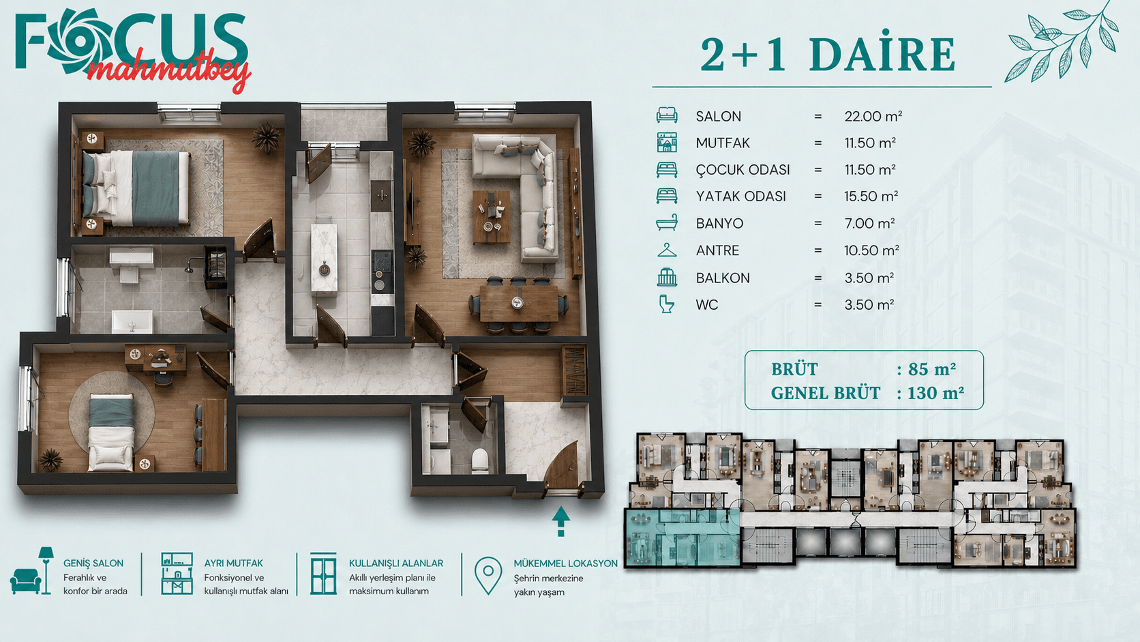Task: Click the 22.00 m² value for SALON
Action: pos(873,117)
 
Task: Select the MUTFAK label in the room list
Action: pos(723,143)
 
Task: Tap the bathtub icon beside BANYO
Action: pos(667,223)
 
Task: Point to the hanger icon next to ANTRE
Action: pos(667,250)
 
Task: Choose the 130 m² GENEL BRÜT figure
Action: pos(935,393)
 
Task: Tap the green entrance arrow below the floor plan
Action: pos(561,521)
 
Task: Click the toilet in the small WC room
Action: pos(480,461)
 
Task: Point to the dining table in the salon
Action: pos(519,304)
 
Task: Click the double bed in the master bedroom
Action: pos(135,188)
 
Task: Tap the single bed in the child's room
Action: pos(111,433)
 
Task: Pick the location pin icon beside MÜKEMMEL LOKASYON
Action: pos(488,575)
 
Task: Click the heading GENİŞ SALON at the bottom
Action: pos(93,563)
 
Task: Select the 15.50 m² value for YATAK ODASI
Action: pos(871,196)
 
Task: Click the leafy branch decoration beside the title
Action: pos(1062,43)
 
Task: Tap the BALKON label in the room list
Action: pos(723,278)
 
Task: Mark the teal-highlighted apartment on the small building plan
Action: pos(682,538)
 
